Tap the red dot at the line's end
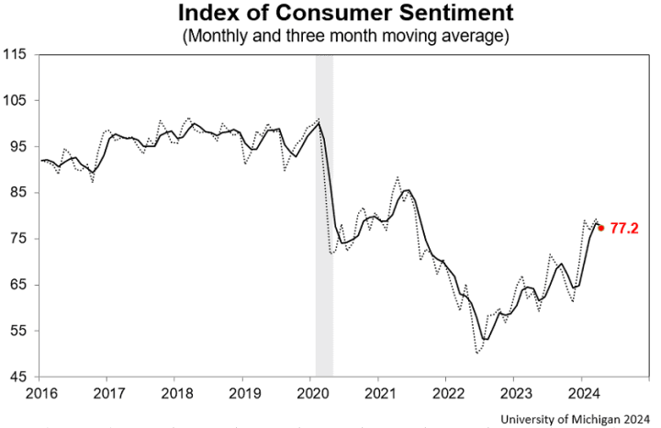coord(601,228)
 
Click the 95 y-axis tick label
coord(19,146)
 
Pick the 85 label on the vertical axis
coord(19,192)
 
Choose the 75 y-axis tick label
coord(19,239)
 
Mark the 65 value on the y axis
coord(19,285)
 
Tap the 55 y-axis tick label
coord(19,331)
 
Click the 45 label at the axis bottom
coord(19,377)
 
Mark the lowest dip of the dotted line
coord(477,353)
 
